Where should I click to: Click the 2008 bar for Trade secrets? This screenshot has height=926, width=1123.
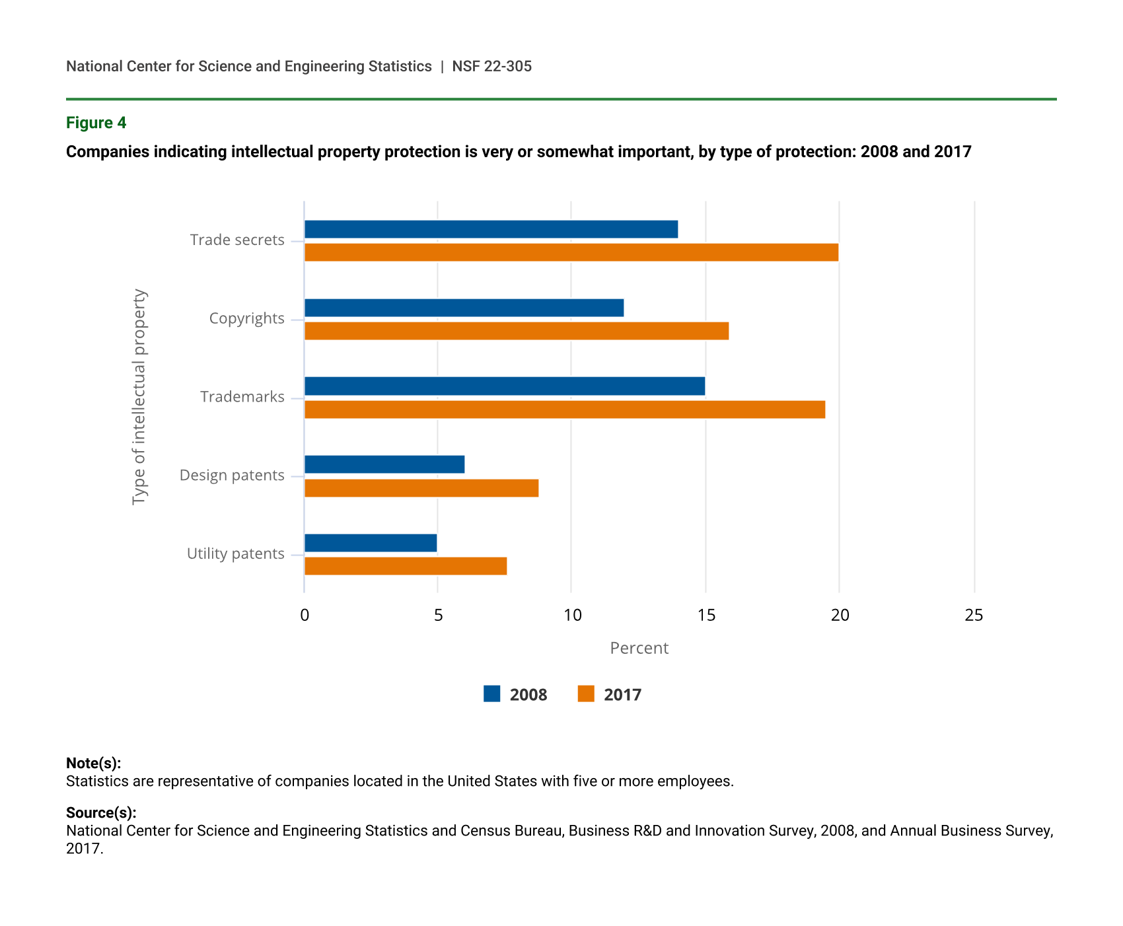tap(491, 229)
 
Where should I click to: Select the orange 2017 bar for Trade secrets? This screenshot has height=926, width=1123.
tap(571, 252)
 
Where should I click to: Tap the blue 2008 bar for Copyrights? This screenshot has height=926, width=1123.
tap(464, 308)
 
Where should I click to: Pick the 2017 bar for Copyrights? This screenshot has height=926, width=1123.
tap(517, 331)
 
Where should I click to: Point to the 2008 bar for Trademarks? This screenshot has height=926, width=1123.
tap(505, 386)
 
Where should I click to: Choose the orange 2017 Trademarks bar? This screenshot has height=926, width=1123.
tap(565, 410)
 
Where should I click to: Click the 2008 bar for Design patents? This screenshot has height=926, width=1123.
tap(384, 464)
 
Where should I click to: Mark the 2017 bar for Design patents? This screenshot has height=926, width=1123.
tap(421, 488)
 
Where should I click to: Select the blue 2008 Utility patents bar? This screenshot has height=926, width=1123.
tap(371, 543)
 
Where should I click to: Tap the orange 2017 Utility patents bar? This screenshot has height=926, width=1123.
tap(406, 566)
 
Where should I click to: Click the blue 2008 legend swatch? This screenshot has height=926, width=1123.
tap(492, 694)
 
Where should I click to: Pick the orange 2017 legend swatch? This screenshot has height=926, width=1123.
tap(586, 694)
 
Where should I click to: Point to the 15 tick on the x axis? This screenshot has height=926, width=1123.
tap(706, 616)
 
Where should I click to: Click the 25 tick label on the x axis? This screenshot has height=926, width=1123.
tap(974, 616)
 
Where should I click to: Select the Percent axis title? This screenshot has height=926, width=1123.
tap(639, 648)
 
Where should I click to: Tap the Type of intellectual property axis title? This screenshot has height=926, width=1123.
tap(139, 397)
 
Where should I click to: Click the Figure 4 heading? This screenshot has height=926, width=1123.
tap(96, 123)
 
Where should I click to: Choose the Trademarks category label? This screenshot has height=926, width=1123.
tap(242, 397)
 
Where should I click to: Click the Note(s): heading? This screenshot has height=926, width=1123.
tap(93, 763)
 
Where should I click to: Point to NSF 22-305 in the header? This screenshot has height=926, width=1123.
tap(491, 66)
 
